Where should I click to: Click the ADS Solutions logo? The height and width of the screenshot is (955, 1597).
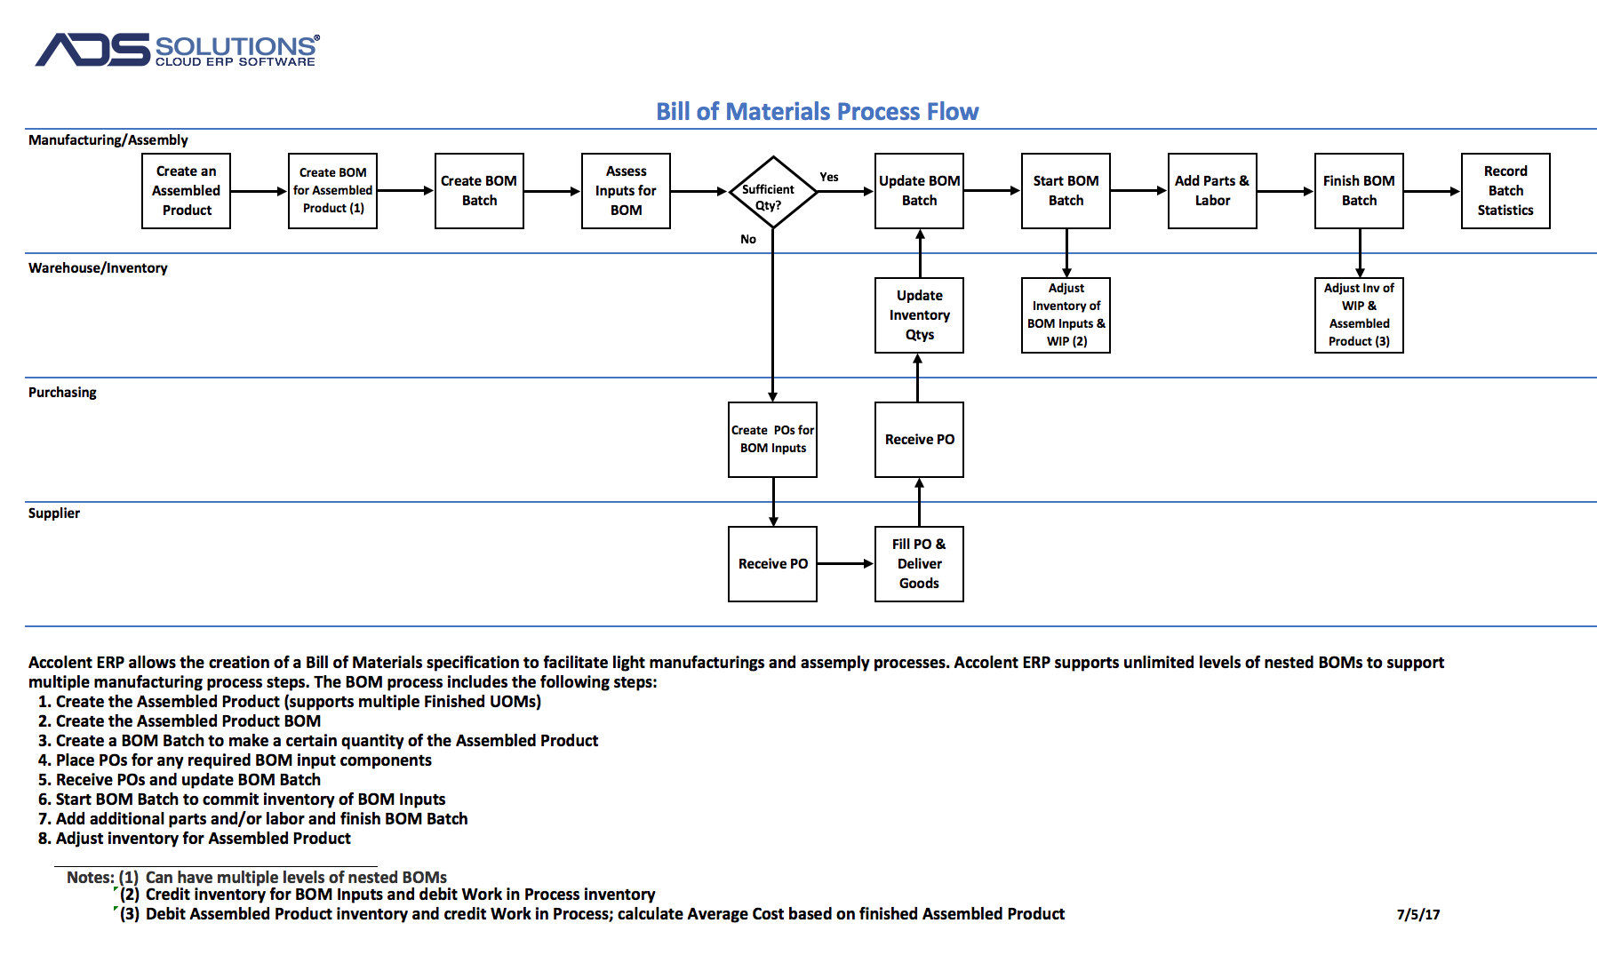178,50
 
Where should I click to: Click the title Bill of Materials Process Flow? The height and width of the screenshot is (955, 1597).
817,111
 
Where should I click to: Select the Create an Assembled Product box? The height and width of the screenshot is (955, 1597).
187,191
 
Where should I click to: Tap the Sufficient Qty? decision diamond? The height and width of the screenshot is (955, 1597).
773,192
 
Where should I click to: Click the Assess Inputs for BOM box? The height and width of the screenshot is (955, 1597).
626,191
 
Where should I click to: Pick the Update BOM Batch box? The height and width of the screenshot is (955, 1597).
919,191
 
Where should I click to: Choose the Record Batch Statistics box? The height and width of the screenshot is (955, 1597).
1505,191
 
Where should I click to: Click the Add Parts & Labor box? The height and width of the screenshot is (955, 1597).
1212,191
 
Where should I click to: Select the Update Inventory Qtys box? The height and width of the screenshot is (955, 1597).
919,315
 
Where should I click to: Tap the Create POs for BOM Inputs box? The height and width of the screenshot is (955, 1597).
773,440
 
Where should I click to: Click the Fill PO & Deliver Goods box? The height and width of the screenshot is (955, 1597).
919,564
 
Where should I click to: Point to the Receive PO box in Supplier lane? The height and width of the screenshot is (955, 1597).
773,564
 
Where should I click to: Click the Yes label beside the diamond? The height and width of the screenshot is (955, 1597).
829,177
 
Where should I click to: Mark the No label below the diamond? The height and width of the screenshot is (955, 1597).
748,239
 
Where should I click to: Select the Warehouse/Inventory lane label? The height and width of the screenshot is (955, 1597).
98,268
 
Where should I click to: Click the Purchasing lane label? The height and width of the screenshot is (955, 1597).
62,393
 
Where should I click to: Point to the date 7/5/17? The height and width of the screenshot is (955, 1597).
1418,914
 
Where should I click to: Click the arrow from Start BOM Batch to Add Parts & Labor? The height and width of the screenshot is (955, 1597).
1139,191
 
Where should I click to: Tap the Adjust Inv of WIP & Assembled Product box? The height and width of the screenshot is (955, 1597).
1359,315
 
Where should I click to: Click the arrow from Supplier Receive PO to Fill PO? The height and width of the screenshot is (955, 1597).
846,563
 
